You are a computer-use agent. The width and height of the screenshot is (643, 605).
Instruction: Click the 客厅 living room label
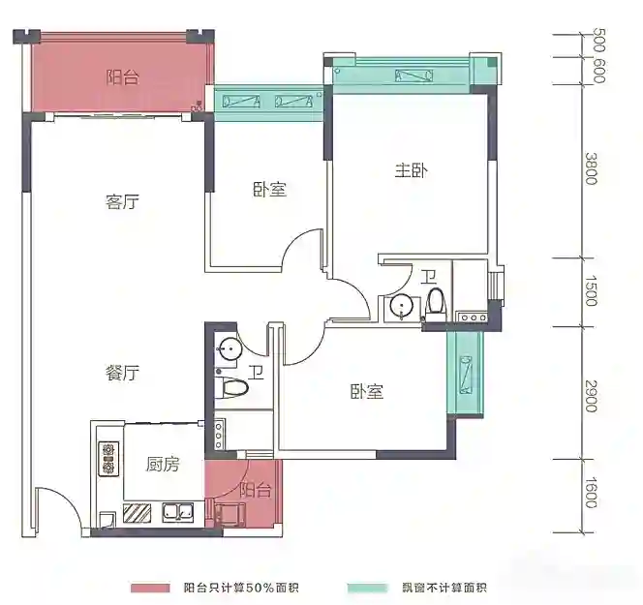pos(122,202)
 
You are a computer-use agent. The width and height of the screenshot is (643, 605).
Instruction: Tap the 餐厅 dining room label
pos(122,373)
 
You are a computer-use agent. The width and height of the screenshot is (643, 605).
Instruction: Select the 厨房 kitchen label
pos(163,465)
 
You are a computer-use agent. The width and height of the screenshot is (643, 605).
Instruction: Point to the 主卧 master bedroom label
pos(412,170)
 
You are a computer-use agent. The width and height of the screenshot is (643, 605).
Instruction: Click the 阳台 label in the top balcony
pos(123,77)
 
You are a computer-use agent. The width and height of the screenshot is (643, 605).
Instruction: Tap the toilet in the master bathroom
pos(435,305)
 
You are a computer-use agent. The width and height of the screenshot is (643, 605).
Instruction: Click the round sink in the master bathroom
pos(401,306)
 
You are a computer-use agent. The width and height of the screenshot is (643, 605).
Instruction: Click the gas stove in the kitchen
pos(108,459)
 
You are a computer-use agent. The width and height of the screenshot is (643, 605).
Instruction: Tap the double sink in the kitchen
pos(177,512)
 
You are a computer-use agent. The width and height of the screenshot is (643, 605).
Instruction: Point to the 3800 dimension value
pos(591,168)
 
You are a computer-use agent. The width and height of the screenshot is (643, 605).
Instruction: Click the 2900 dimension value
pos(591,396)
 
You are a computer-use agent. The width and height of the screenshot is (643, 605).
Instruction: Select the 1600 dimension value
pos(591,493)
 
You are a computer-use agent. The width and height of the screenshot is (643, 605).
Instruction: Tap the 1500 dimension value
pos(591,290)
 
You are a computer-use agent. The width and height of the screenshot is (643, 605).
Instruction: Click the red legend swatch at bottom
pos(150,589)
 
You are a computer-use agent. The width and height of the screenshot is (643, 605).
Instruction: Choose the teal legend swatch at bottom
pos(367,589)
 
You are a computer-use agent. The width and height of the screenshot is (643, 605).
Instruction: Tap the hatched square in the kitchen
pos(137,513)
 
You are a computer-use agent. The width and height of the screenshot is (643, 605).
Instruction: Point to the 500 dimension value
pos(598,40)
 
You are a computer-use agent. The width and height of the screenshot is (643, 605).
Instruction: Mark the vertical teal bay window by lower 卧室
pos(466,373)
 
